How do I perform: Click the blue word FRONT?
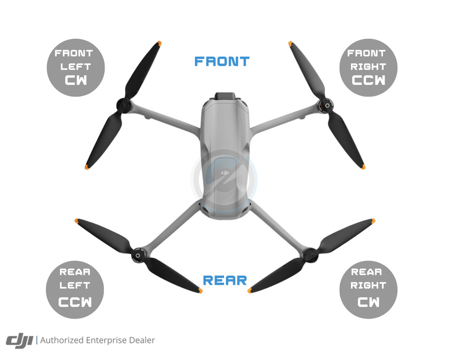[x=222, y=62]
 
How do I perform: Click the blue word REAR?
[x=225, y=280]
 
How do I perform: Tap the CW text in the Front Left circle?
[x=76, y=81]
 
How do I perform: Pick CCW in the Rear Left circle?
[x=75, y=300]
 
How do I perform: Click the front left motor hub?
[x=123, y=107]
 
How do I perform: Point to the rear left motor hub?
[x=137, y=256]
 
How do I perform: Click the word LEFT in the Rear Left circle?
[x=75, y=285]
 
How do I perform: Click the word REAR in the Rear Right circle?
[x=368, y=272]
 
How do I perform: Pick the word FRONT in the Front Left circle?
[x=73, y=53]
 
